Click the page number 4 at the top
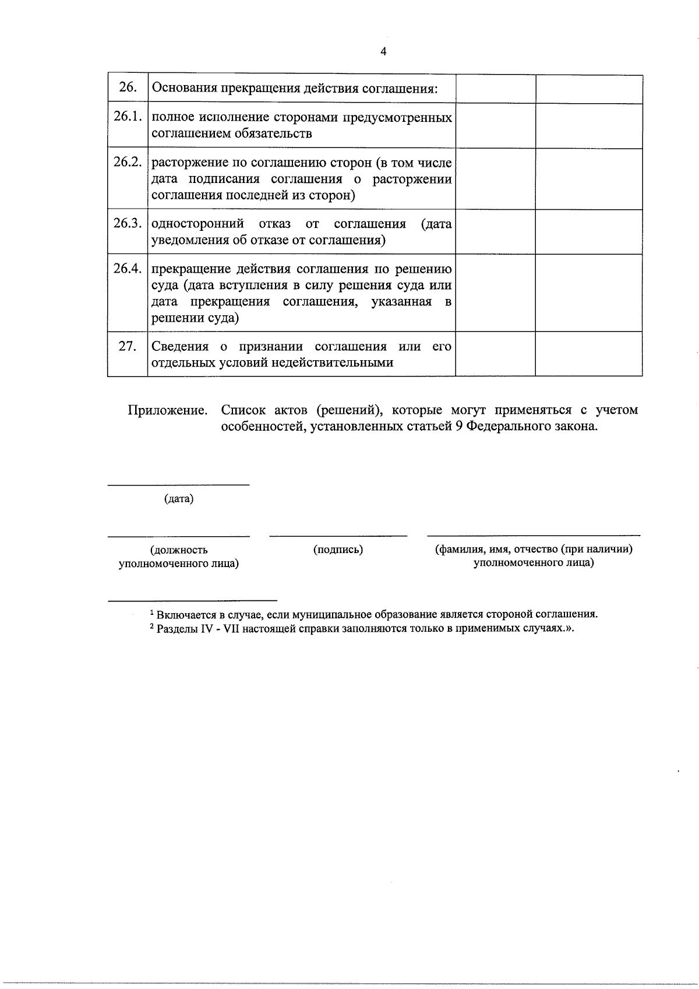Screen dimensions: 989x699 click(383, 52)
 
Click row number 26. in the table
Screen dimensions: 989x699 click(128, 88)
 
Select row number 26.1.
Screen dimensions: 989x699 click(128, 117)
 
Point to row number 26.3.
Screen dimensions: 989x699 click(128, 223)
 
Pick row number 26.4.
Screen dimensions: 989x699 click(128, 268)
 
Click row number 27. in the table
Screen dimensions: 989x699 click(128, 346)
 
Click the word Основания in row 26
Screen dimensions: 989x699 click(184, 89)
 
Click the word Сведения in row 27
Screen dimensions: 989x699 click(180, 346)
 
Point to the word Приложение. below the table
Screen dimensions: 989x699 click(168, 410)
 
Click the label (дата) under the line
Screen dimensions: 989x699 click(179, 499)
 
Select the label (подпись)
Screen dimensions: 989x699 click(338, 549)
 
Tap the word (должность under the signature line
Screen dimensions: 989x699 click(179, 550)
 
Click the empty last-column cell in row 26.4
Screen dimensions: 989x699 click(588, 293)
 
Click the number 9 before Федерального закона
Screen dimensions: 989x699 click(459, 427)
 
